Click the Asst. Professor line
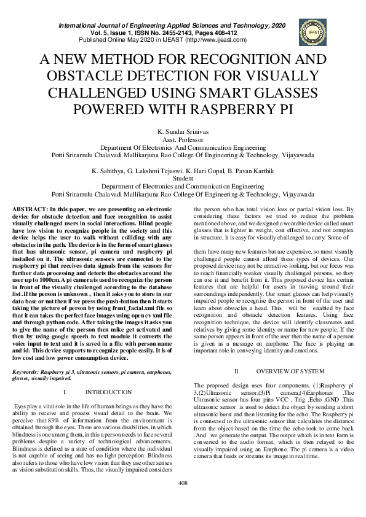click(183, 140)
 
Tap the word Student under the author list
click(183, 178)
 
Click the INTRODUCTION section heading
click(108, 392)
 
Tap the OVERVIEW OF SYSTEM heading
click(290, 372)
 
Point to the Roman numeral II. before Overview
click(237, 372)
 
